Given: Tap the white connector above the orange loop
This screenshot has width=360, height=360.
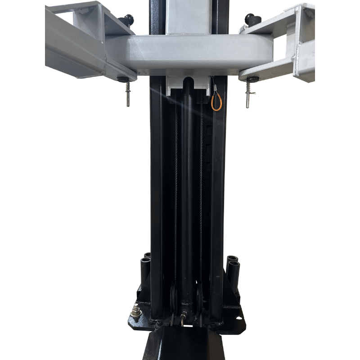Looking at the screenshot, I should (x=213, y=82).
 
